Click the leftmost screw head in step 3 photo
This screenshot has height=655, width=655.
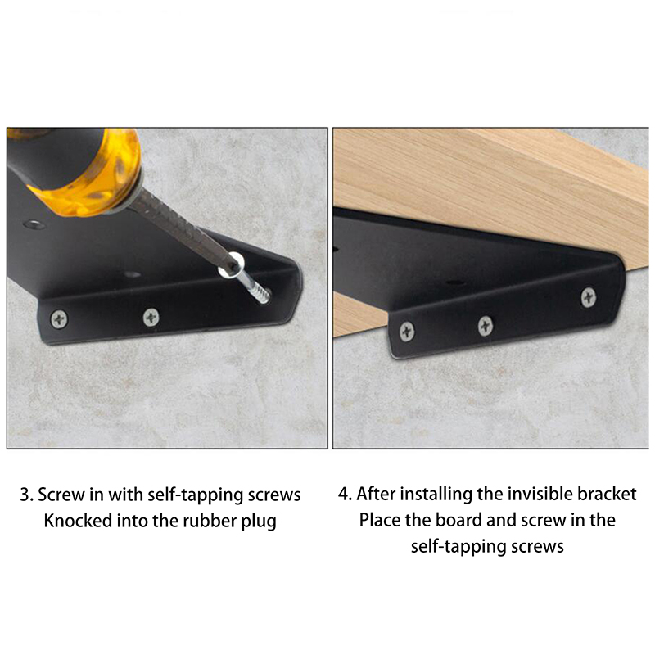(59, 319)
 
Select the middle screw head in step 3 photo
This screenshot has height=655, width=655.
(151, 318)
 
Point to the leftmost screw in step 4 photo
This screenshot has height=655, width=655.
(407, 332)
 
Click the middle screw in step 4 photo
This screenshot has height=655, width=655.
(485, 325)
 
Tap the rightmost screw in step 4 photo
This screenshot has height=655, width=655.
(588, 297)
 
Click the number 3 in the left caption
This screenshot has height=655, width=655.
(25, 495)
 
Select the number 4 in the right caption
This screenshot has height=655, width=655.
(344, 495)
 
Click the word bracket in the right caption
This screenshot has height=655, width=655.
(607, 495)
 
